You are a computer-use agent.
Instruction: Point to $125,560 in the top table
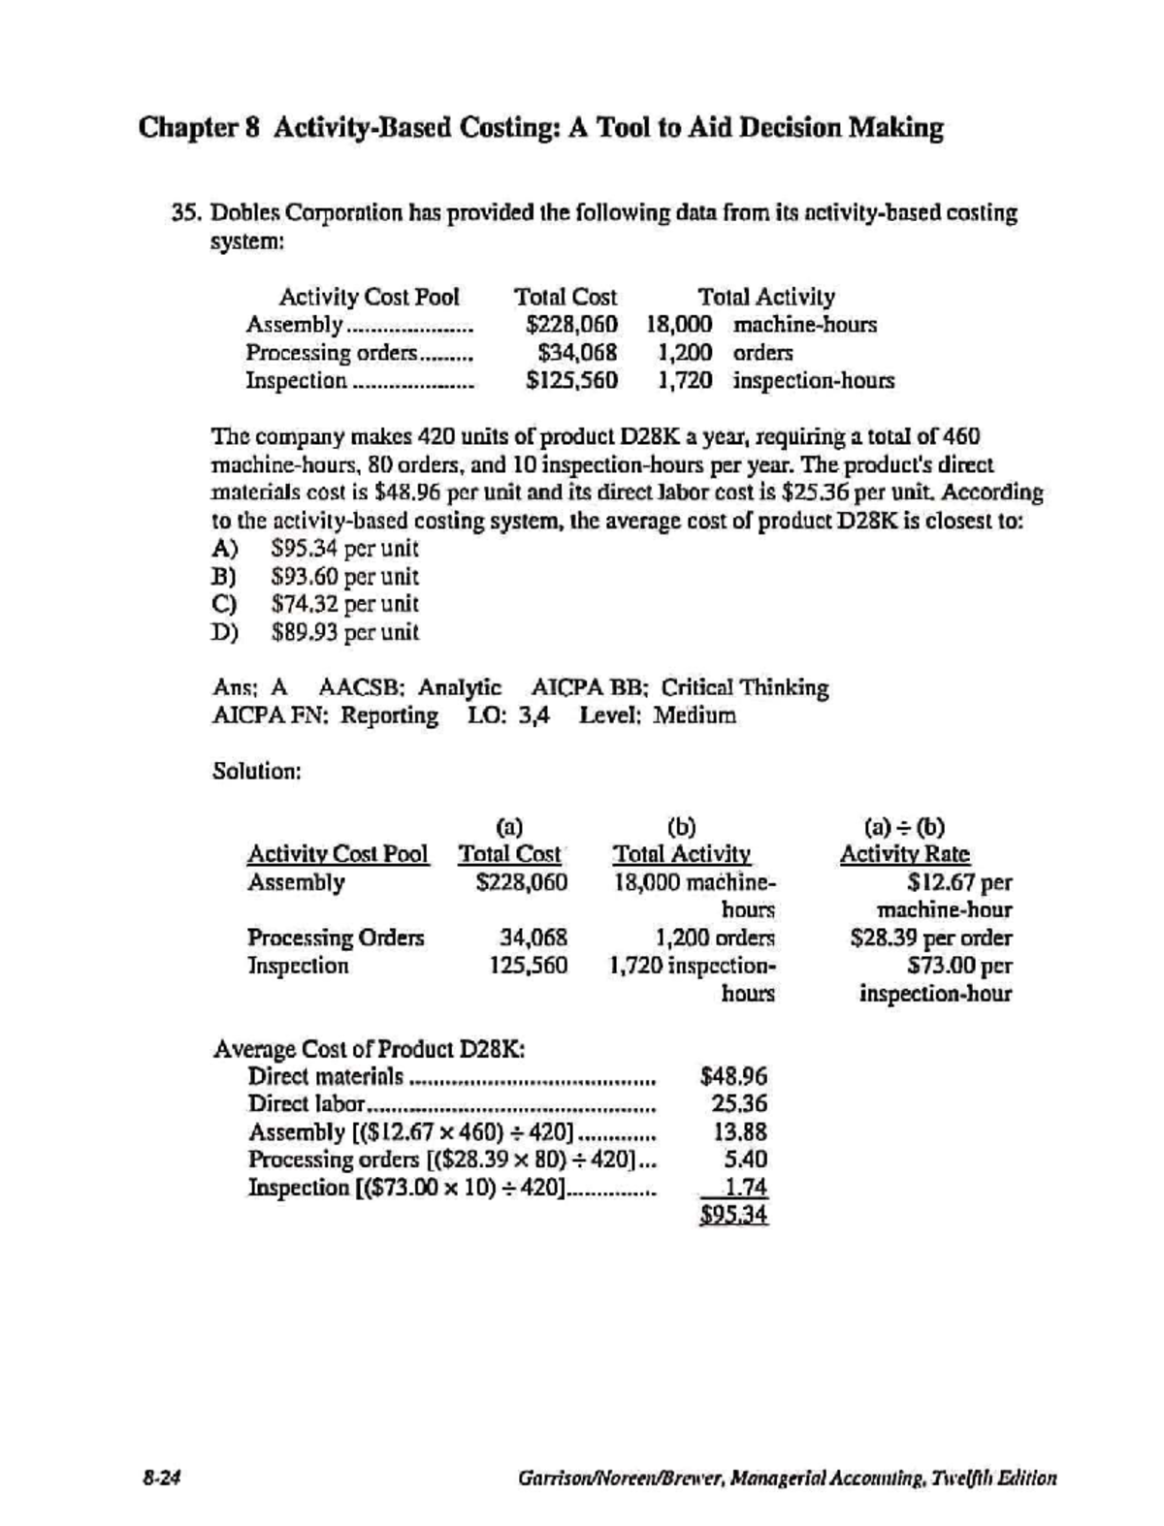(571, 381)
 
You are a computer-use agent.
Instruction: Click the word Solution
(256, 772)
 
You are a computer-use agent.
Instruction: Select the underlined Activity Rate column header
(904, 855)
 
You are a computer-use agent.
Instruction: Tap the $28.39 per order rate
(929, 938)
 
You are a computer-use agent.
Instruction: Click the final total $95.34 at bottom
(734, 1216)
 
